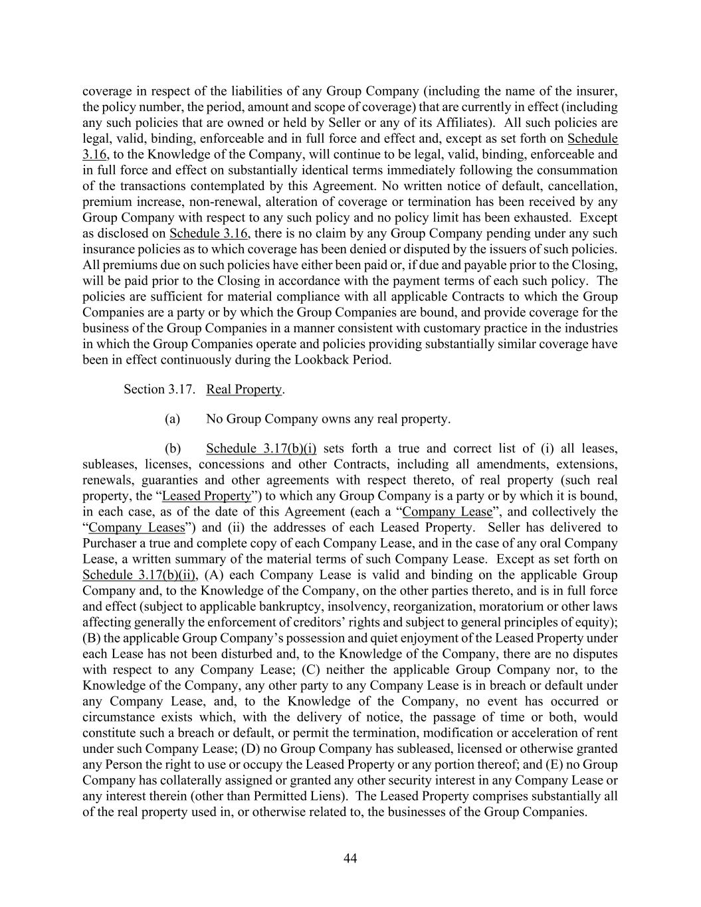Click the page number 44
(x=350, y=858)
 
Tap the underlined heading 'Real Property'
(x=244, y=389)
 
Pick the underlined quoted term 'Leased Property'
(x=207, y=496)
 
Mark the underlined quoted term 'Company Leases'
(x=136, y=528)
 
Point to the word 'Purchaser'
(x=108, y=544)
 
